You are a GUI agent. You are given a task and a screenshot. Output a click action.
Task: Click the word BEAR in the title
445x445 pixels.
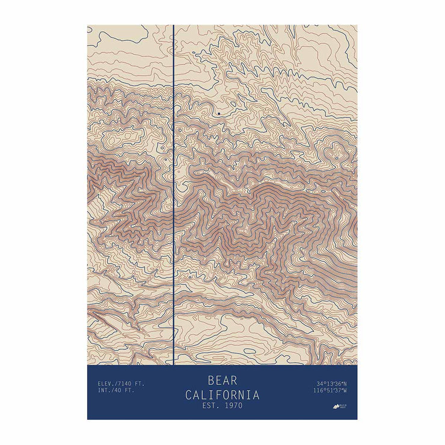[x=222, y=381]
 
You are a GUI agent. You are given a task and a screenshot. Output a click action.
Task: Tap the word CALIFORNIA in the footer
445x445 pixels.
[x=222, y=395]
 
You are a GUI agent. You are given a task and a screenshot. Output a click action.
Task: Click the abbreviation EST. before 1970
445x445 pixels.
[x=210, y=406]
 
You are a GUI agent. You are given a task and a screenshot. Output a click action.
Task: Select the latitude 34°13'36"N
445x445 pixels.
[x=331, y=383]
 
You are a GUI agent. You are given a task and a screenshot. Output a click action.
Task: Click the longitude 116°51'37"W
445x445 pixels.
[x=330, y=390]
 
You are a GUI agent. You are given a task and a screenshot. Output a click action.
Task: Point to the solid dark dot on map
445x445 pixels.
[x=219, y=113]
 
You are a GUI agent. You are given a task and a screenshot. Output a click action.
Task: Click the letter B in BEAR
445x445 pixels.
[x=212, y=381]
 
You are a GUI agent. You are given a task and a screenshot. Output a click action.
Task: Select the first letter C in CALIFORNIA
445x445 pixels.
[x=189, y=395]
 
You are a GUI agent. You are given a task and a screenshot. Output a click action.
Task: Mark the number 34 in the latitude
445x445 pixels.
[x=318, y=383]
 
